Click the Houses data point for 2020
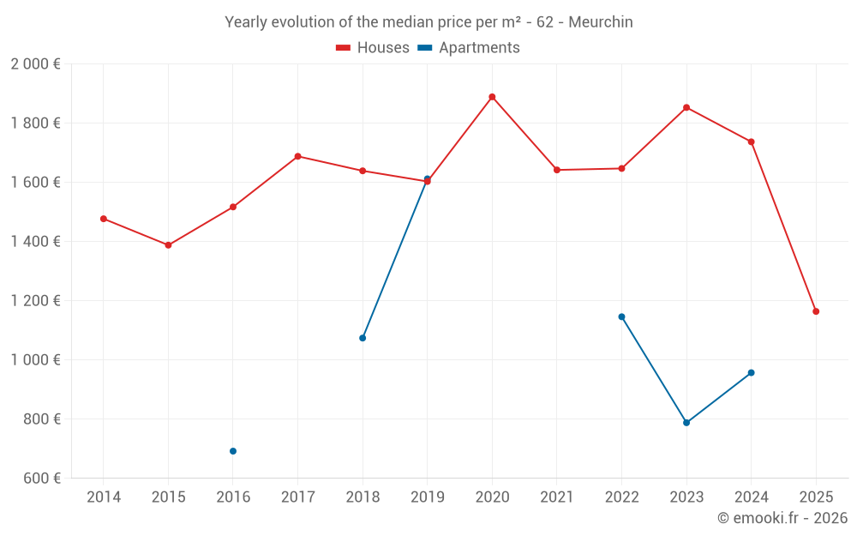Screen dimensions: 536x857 pos(492,97)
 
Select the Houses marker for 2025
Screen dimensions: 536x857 pos(816,311)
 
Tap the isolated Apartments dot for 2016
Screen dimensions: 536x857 pos(233,451)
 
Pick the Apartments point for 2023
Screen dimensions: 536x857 pos(686,423)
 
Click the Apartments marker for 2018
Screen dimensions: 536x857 pos(363,338)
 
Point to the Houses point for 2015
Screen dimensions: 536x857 pos(168,245)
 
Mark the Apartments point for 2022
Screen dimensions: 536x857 pos(621,316)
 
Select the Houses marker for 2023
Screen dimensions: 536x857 pos(686,107)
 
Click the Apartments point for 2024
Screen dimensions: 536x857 pos(752,372)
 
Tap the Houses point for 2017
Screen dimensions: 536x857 pos(297,156)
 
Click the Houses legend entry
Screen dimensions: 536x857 pos(373,48)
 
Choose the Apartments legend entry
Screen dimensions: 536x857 pos(469,48)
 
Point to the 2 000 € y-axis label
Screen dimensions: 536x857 pos(35,64)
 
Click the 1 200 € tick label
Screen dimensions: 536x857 pos(35,301)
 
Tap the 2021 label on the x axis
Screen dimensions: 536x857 pos(557,497)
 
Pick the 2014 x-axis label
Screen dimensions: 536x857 pos(104,497)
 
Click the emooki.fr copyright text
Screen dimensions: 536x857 pos(782,518)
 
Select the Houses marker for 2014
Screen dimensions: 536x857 pos(104,219)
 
